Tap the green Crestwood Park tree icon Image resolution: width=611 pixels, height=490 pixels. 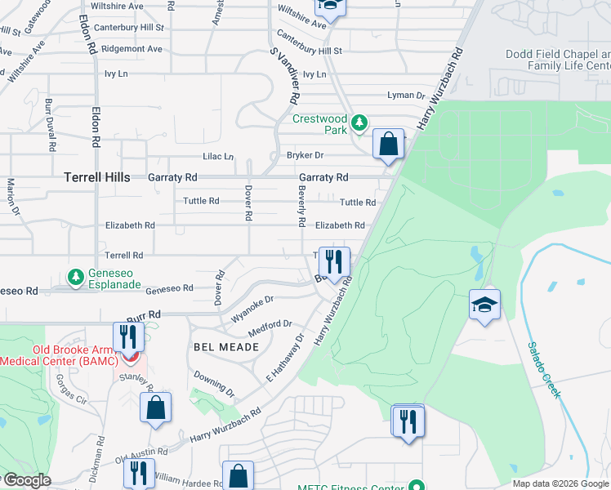tap(359, 124)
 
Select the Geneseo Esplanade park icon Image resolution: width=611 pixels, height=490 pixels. tap(75, 278)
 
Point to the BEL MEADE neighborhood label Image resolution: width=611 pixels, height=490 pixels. tap(226, 347)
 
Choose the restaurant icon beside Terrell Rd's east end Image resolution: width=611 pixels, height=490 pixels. tap(334, 262)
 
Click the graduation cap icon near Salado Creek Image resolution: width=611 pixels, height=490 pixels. tap(484, 305)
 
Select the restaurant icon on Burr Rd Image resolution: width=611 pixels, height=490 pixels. tap(128, 336)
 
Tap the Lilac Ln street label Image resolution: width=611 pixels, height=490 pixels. tap(218, 156)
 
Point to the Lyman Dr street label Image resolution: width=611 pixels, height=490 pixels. tap(400, 96)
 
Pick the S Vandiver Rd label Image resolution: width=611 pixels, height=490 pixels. tap(283, 75)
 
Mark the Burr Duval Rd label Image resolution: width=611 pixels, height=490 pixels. tap(50, 126)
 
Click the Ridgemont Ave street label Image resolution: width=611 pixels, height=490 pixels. tap(132, 49)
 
